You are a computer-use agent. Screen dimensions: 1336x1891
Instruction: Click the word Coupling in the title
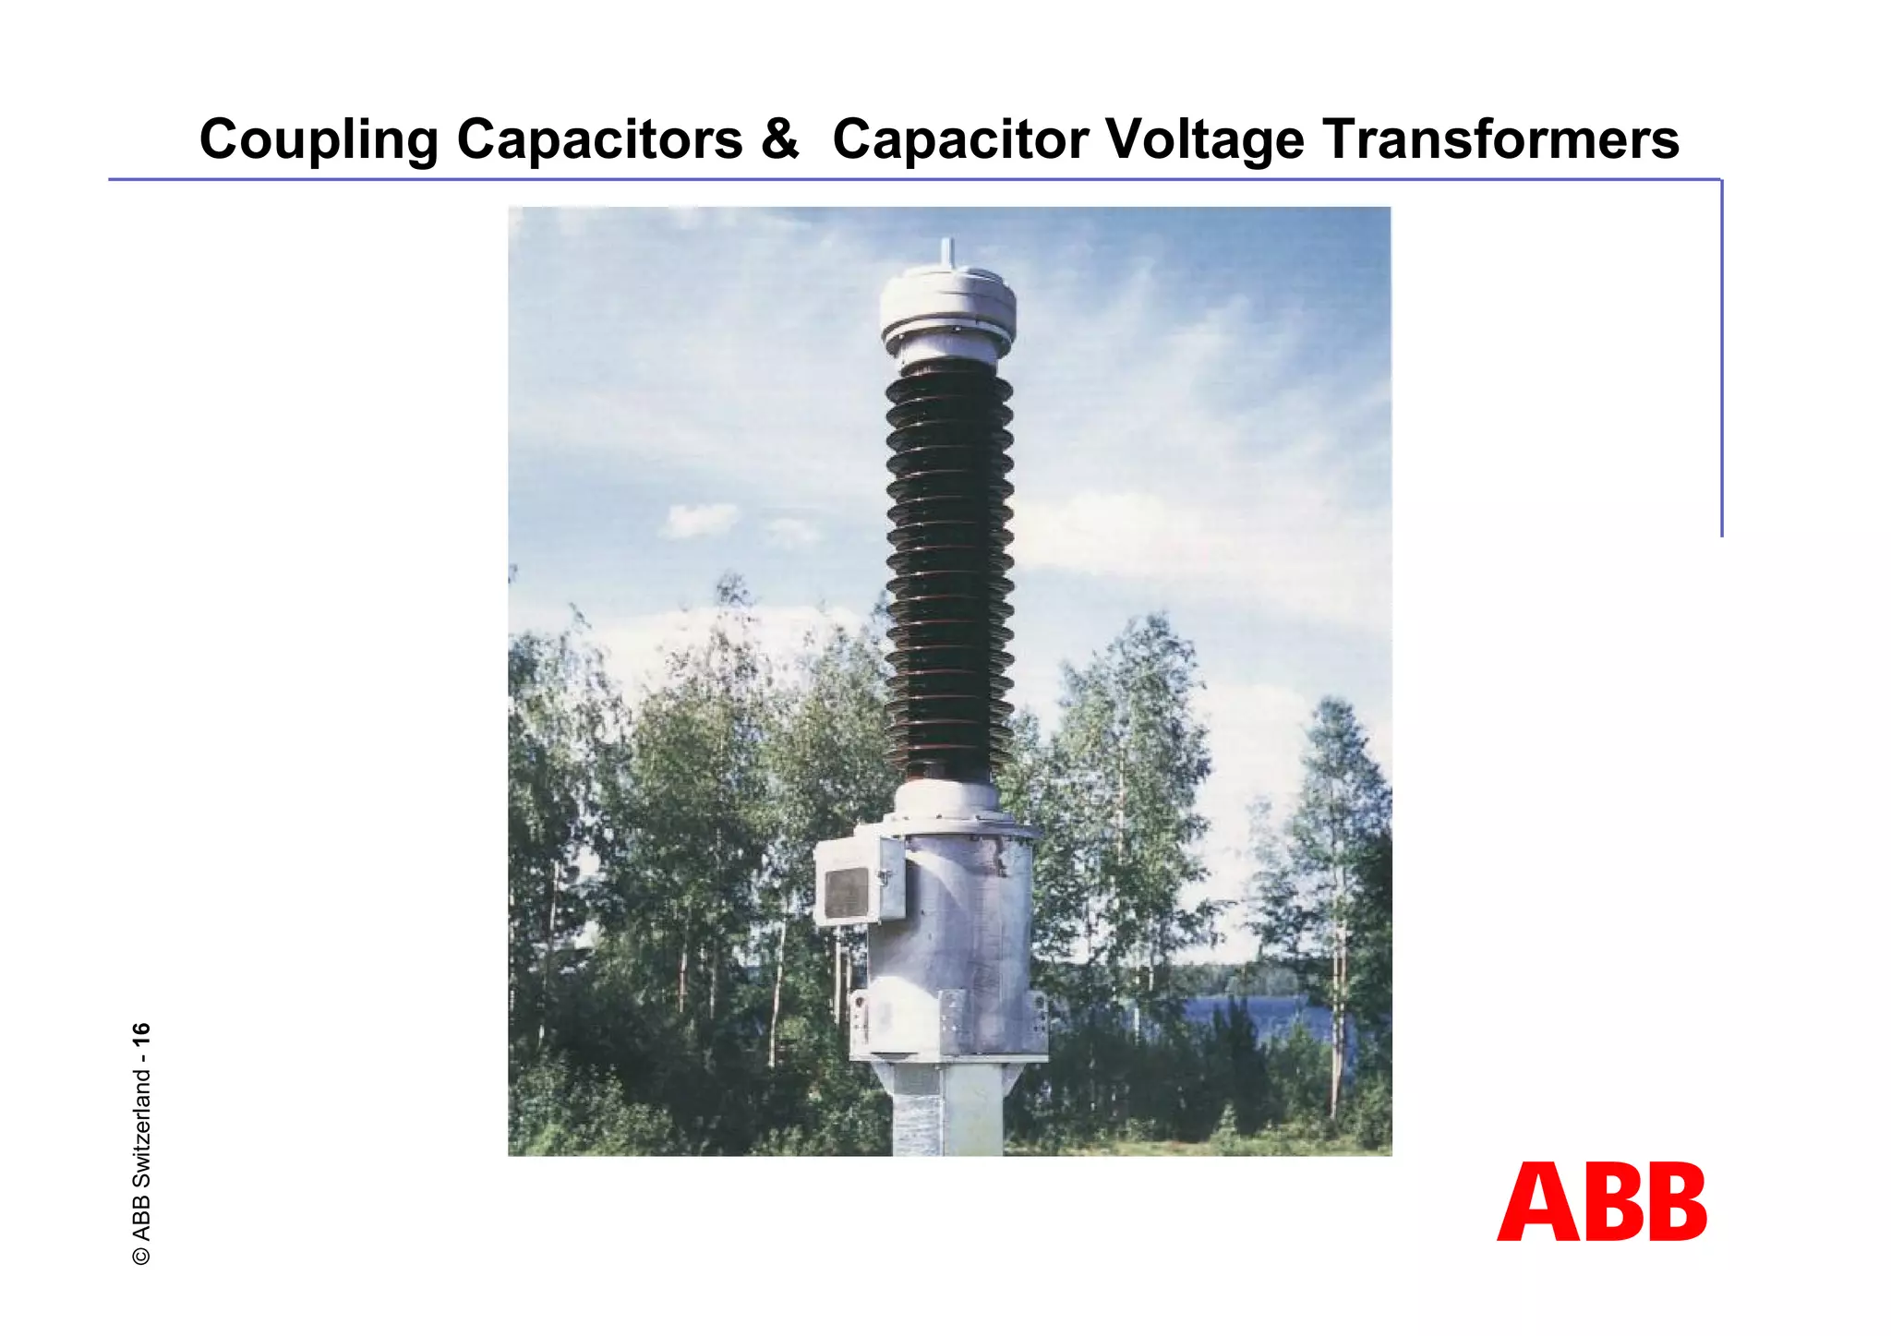319,140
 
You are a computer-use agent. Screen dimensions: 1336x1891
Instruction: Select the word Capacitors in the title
599,140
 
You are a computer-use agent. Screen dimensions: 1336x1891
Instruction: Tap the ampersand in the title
778,140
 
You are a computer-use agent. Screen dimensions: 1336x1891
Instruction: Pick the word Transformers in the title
1500,140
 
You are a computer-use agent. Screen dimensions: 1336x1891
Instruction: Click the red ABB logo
1601,1202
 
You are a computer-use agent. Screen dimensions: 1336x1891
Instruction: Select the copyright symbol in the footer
141,1256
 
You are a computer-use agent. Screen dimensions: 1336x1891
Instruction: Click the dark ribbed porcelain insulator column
949,563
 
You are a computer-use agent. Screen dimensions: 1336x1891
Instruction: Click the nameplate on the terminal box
846,894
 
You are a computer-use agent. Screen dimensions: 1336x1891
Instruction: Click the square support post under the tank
947,1113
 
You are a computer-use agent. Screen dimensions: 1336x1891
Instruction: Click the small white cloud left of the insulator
699,520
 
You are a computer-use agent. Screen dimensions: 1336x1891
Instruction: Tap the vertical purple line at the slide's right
1721,360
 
